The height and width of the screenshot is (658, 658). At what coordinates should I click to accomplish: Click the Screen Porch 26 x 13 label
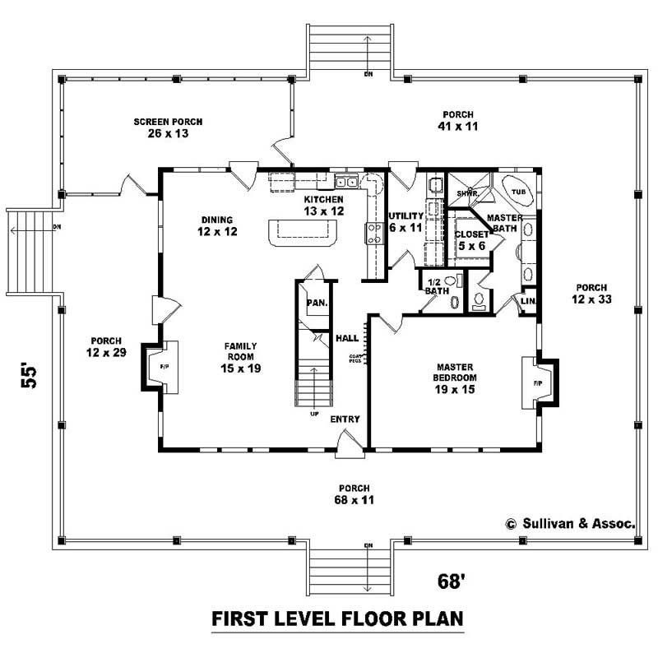(x=168, y=127)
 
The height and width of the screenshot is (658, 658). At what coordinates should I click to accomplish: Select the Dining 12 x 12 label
(x=218, y=226)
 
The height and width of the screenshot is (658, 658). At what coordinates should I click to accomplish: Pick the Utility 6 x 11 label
(x=405, y=221)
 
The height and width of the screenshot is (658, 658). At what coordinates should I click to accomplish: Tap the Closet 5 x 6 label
(x=471, y=239)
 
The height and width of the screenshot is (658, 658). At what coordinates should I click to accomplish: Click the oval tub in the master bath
(x=518, y=190)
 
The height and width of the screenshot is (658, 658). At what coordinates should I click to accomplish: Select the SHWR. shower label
(x=467, y=193)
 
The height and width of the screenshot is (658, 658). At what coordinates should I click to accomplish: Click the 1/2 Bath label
(x=434, y=286)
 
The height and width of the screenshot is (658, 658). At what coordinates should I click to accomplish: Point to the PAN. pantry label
(x=317, y=303)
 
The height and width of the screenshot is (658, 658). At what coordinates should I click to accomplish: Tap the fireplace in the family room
(x=156, y=366)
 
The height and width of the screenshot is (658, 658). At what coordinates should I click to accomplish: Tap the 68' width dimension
(x=452, y=582)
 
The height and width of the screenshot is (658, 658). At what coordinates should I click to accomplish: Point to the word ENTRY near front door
(x=345, y=419)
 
